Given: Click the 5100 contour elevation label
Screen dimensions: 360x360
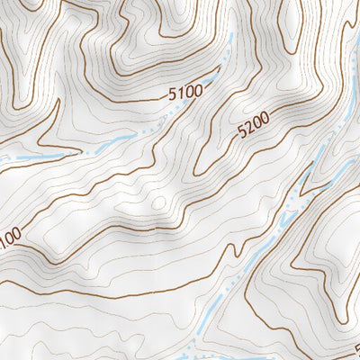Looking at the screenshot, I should click(185, 91).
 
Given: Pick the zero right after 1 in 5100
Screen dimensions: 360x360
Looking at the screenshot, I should click(190, 90).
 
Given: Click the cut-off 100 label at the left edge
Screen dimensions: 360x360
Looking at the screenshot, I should click(8, 238).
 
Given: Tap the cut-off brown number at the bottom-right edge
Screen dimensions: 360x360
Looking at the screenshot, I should click(356, 347).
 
